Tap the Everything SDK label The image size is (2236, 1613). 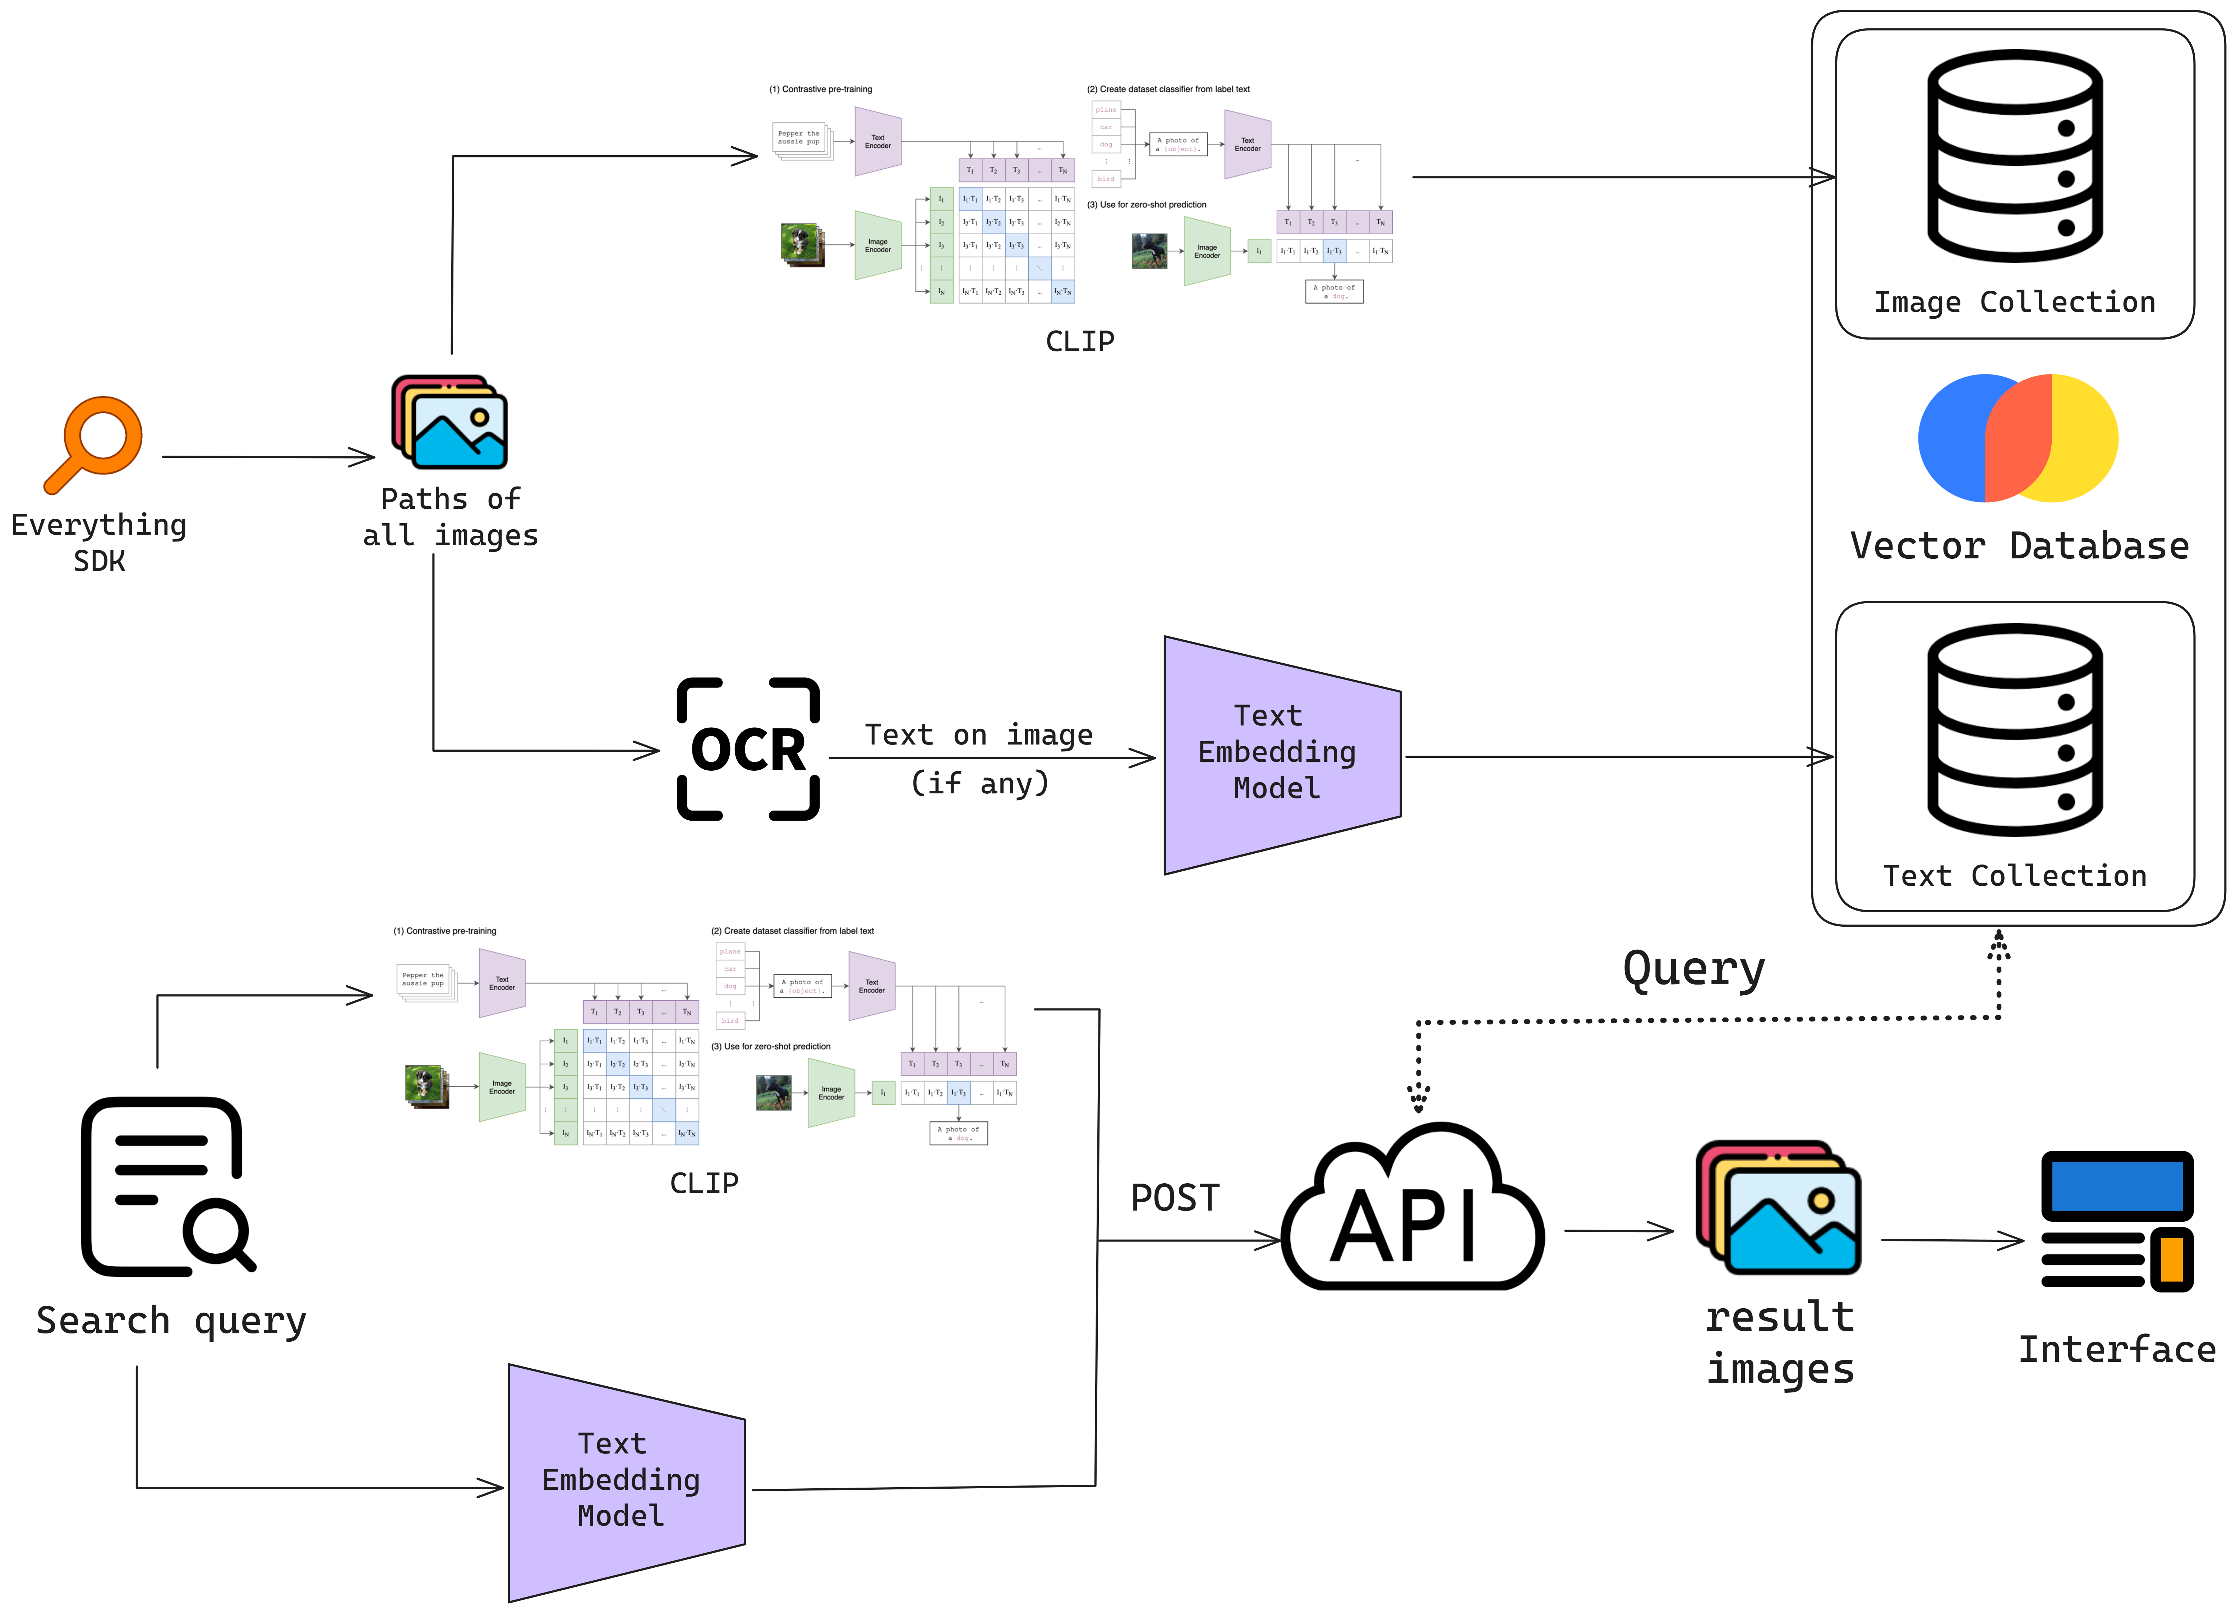pyautogui.click(x=98, y=542)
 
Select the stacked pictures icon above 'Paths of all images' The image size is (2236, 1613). pyautogui.click(x=449, y=422)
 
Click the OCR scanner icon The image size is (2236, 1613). pyautogui.click(x=748, y=749)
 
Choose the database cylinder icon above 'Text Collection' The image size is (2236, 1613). pyautogui.click(x=2014, y=729)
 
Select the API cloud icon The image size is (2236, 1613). pyautogui.click(x=1412, y=1213)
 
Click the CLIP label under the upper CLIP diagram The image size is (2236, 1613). pyautogui.click(x=1079, y=341)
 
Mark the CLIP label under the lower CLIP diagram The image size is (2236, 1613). pyautogui.click(x=704, y=1183)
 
